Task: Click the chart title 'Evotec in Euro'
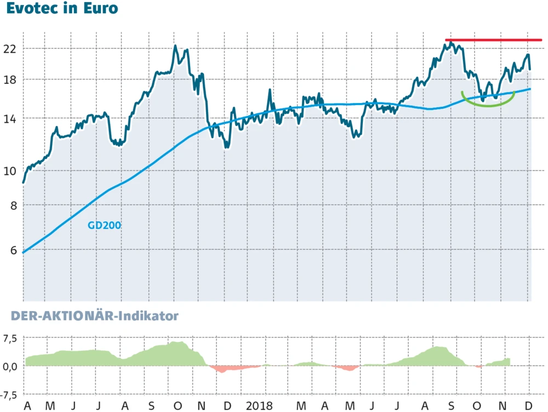click(62, 9)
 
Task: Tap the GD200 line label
click(104, 225)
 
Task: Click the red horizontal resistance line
click(493, 40)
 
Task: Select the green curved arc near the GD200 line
click(488, 104)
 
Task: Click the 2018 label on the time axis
click(260, 406)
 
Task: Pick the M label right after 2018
click(300, 406)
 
